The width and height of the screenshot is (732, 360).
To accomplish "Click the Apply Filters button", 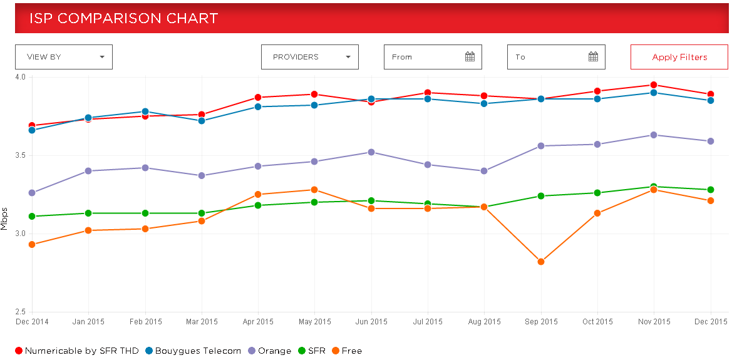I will pos(679,57).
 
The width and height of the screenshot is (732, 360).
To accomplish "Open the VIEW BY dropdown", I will pos(64,57).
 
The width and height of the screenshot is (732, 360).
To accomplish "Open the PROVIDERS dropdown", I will pos(310,57).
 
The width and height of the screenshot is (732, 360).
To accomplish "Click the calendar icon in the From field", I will pos(470,57).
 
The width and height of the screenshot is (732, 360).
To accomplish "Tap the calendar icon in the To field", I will pos(594,57).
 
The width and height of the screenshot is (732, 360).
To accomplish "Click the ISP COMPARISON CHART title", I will pos(124,18).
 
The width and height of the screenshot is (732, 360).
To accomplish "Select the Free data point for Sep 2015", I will pos(541,262).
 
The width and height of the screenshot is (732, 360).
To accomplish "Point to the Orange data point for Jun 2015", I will pos(371,152).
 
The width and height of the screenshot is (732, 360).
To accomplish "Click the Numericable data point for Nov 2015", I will pos(654,85).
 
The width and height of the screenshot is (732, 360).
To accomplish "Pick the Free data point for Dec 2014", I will pos(32,244).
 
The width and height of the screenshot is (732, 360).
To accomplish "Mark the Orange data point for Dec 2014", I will pos(32,193).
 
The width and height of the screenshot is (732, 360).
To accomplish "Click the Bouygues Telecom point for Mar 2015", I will pos(202,121).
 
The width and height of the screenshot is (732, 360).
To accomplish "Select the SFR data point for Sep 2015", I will pos(541,196).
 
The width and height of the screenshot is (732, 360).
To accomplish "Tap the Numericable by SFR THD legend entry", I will pos(76,351).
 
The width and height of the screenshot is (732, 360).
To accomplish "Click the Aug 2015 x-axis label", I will pos(485,322).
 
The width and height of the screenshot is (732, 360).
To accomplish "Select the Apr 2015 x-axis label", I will pos(258,322).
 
